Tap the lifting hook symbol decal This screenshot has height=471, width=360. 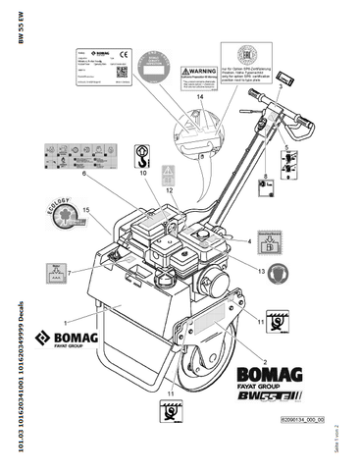click(143, 154)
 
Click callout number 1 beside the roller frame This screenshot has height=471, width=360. click(65, 322)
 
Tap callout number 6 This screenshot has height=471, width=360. click(85, 175)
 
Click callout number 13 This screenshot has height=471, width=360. click(261, 269)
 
